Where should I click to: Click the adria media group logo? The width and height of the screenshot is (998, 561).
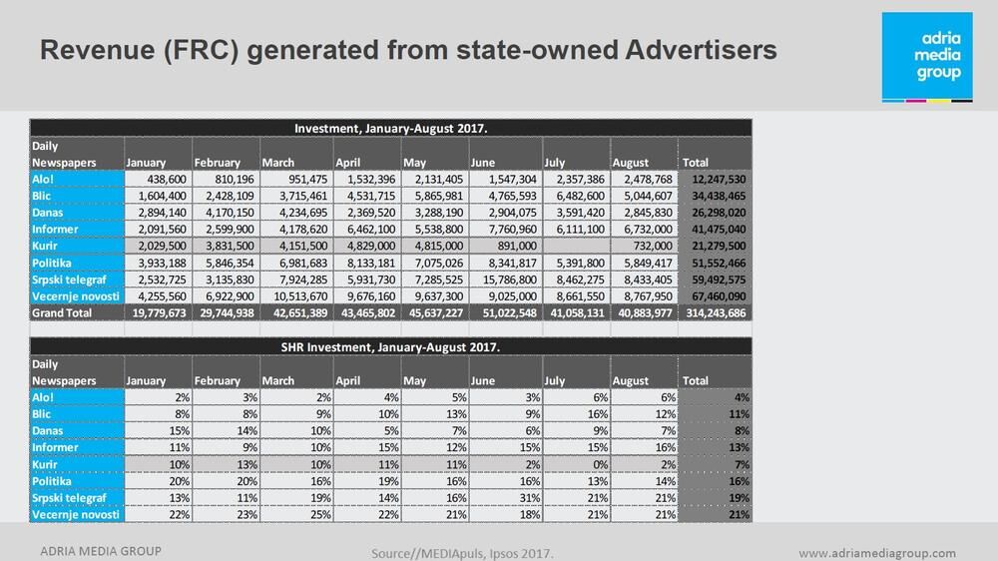tap(926, 58)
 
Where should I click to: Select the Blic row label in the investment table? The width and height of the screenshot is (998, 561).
tap(44, 195)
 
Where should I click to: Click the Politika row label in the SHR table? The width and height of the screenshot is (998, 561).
tap(56, 481)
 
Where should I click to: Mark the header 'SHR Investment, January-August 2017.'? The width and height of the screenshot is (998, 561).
tap(390, 346)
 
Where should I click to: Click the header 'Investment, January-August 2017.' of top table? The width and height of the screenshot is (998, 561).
tap(390, 128)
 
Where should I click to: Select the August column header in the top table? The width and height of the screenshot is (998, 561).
tap(631, 162)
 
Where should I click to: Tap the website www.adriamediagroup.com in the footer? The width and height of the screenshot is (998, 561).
tap(877, 553)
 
